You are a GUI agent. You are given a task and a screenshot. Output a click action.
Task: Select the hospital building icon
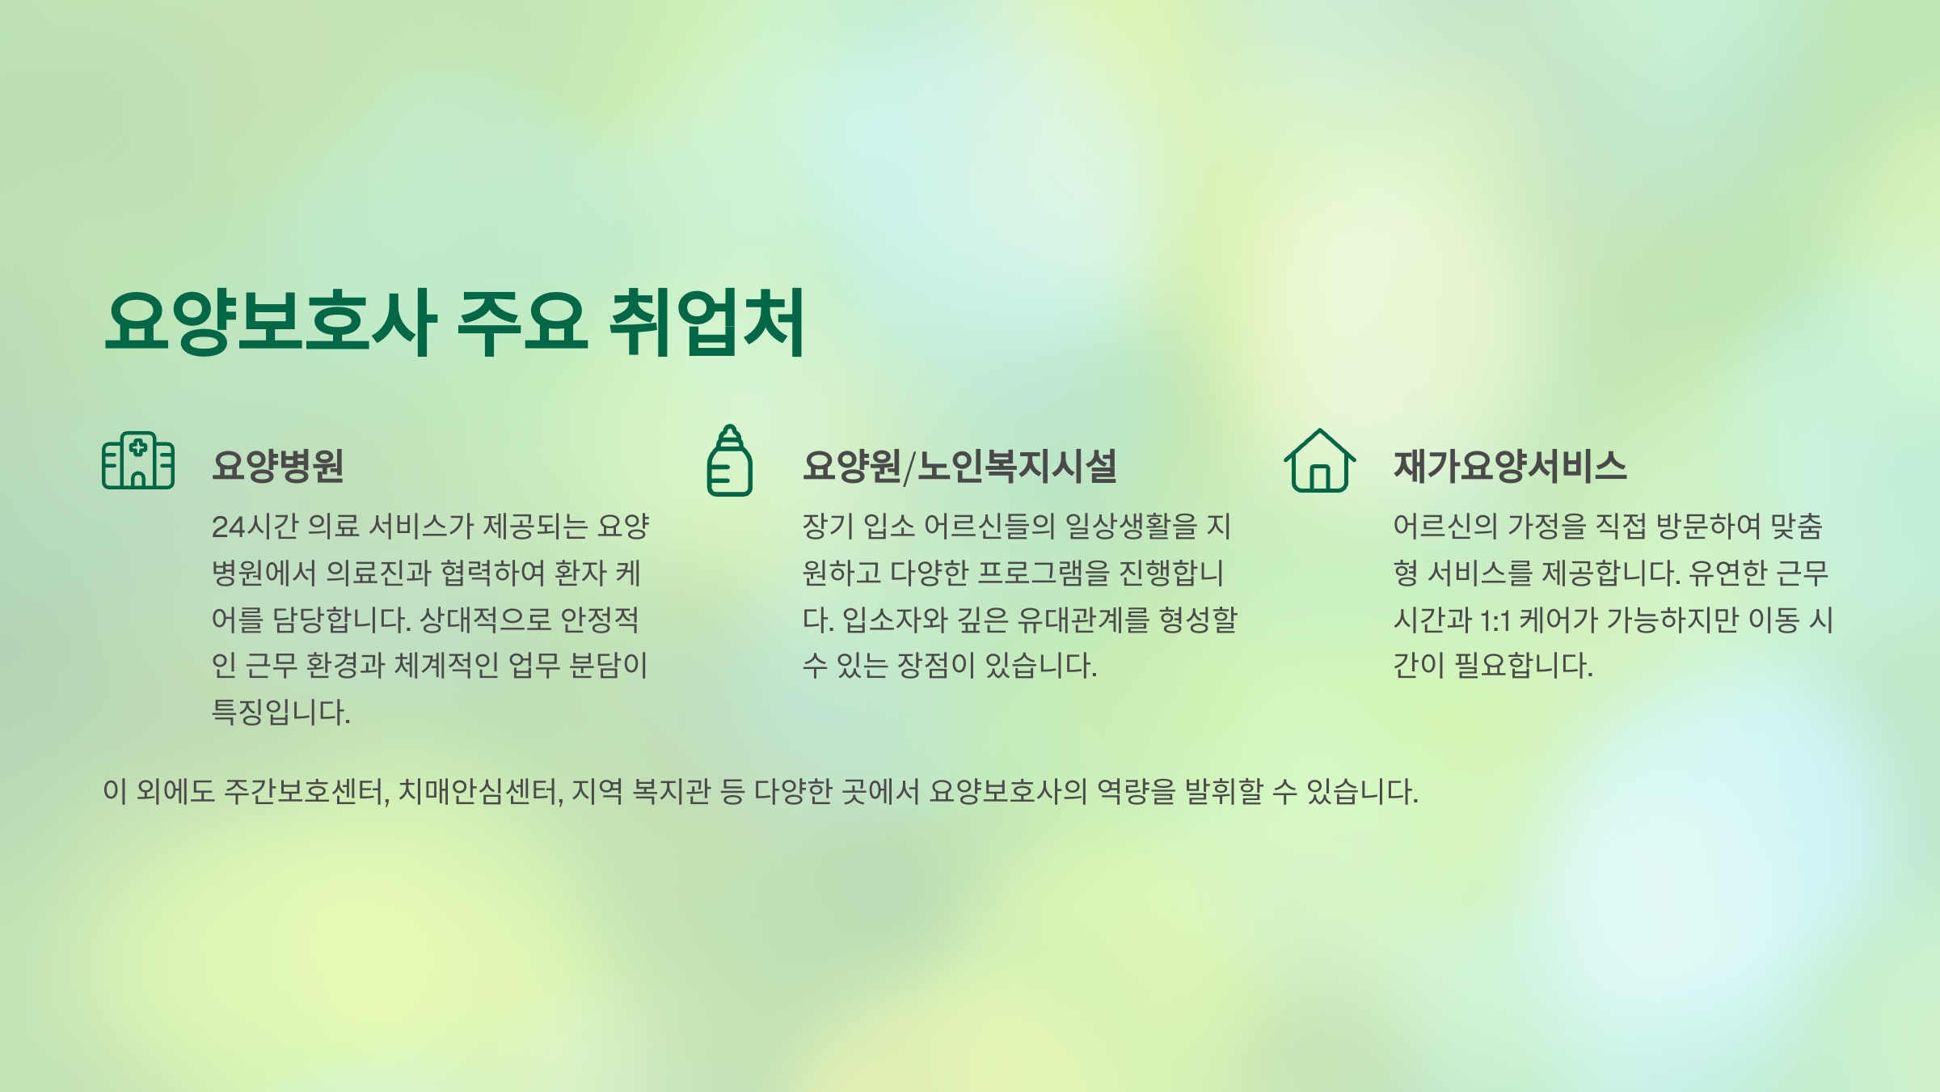tap(138, 460)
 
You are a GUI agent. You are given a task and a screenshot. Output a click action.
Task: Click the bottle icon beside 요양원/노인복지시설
tap(730, 460)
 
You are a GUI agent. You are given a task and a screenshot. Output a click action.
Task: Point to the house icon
tap(1320, 461)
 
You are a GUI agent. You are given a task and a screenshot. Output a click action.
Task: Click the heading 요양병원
tap(278, 466)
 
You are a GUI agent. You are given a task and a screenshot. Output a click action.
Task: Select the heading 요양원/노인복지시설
tap(959, 466)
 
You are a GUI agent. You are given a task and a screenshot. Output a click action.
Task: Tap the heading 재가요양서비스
tap(1510, 466)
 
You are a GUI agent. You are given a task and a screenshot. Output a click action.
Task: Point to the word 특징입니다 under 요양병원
tap(280, 713)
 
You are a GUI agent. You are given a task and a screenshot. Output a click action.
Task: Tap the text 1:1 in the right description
tap(1495, 620)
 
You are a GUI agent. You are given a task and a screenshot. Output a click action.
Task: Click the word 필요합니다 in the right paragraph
tap(1523, 666)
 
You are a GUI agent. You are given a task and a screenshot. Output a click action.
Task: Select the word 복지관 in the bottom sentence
tap(671, 791)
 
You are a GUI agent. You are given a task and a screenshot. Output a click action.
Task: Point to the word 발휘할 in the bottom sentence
tap(1224, 791)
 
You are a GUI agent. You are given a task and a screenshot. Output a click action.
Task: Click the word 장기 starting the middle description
tap(828, 527)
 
